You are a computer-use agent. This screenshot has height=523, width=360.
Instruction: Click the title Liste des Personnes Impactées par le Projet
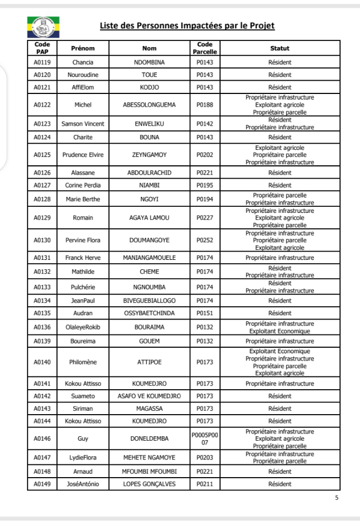(187, 27)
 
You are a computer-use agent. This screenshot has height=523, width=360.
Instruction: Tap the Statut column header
(279, 49)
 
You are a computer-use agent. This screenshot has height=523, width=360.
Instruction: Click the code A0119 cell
(42, 62)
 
